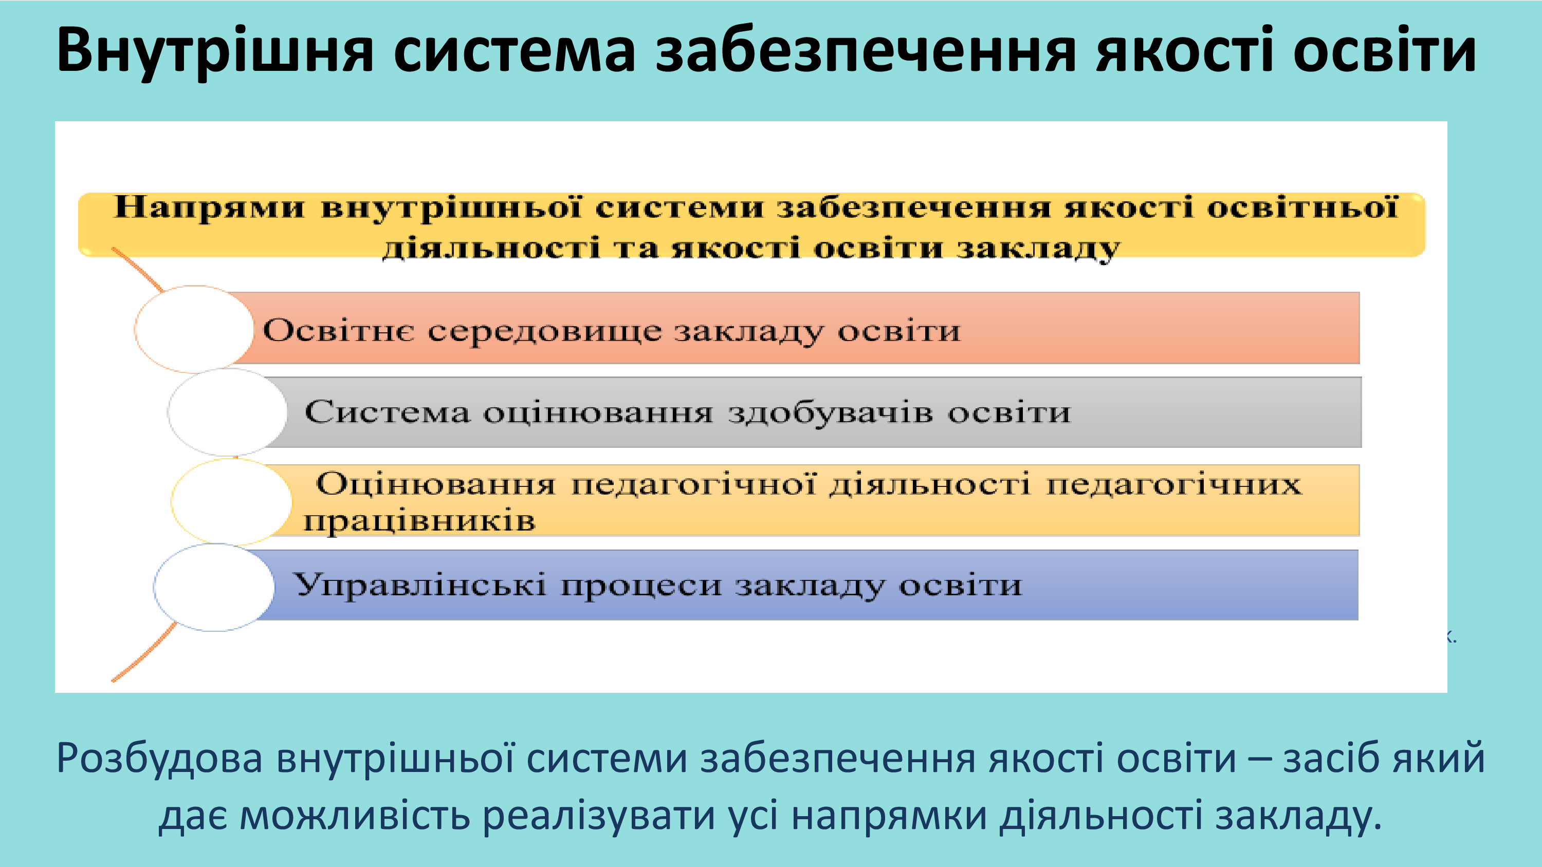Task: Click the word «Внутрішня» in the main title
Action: pyautogui.click(x=215, y=52)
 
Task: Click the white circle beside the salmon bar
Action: pyautogui.click(x=194, y=329)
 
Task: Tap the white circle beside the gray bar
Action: pyautogui.click(x=228, y=412)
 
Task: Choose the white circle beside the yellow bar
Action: pyautogui.click(x=232, y=501)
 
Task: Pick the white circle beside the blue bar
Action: pyautogui.click(x=214, y=587)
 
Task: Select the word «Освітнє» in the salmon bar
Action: pyautogui.click(x=338, y=330)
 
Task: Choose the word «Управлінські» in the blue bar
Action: pyautogui.click(x=419, y=585)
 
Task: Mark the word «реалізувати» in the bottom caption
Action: pyautogui.click(x=599, y=816)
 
